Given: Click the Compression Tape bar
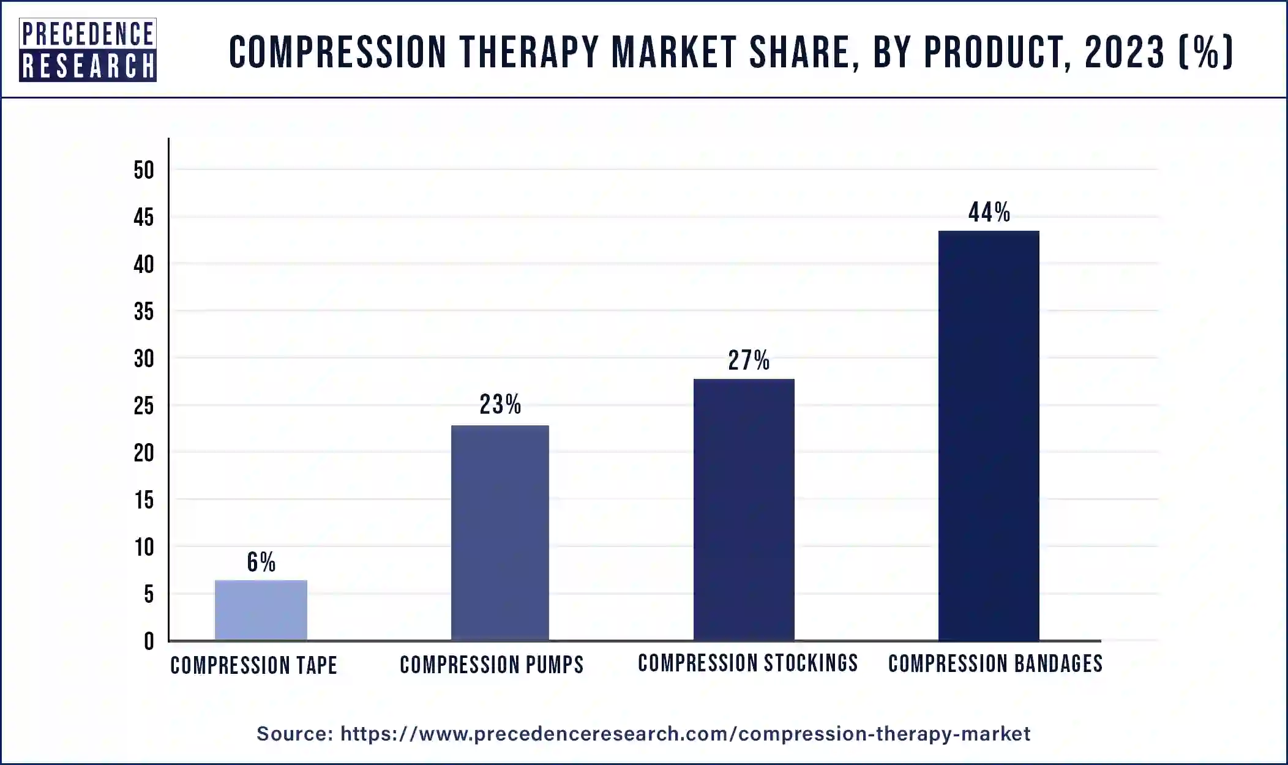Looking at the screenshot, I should coord(261,610).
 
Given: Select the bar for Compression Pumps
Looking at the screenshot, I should coord(500,532).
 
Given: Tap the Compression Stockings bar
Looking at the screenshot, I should coord(744,509).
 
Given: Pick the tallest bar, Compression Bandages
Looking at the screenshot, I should coord(988,435).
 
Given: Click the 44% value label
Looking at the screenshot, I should coord(989,212).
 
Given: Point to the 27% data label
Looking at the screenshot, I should coord(748,360).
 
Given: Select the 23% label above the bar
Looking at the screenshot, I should coord(500,405).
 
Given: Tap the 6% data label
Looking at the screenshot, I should coord(261,562).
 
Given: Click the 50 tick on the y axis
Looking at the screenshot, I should coord(144,170).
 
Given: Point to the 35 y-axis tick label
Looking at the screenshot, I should coord(144,312).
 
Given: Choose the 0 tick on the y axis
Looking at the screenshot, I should coord(149,641).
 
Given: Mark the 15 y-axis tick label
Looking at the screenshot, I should coord(144,501).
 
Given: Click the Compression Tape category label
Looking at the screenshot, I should coord(253,665).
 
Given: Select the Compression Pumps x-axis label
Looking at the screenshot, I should coord(492,665).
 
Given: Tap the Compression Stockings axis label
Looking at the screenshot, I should coord(747,663).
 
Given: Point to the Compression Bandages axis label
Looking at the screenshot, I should coord(995,663).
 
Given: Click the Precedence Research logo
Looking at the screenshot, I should coord(88,50).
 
